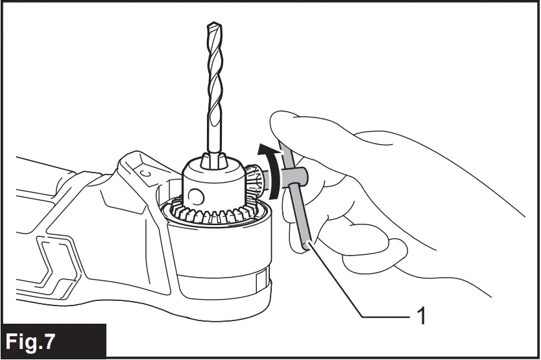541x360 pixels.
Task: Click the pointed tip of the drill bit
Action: [213, 25]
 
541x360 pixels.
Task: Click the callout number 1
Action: [421, 316]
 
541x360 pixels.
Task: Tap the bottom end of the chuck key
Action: [306, 245]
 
